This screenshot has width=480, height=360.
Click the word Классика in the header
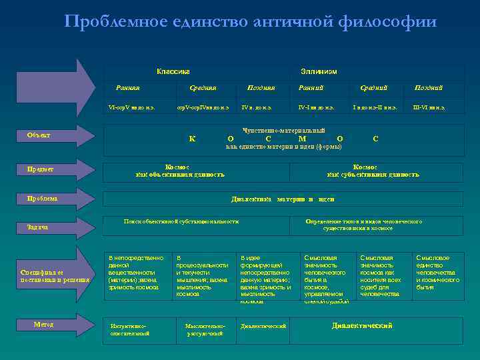coord(173,71)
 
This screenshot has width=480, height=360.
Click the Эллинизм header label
coord(319,71)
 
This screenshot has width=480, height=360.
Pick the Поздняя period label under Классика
coord(261,87)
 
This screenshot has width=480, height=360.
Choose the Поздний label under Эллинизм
coord(429,87)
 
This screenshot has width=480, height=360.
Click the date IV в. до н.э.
coord(257,107)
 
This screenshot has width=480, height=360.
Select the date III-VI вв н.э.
coord(428,107)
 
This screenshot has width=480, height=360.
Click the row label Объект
coord(38,135)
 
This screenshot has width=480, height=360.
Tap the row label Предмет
coord(40,169)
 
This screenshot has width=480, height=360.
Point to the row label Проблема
coord(42,199)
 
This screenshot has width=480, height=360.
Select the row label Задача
coord(37,227)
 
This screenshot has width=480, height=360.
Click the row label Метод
coord(43,325)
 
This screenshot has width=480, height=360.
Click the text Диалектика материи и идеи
coord(283,199)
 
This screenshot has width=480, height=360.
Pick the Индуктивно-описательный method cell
coord(130,329)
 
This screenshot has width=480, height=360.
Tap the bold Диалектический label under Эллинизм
coord(362,325)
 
